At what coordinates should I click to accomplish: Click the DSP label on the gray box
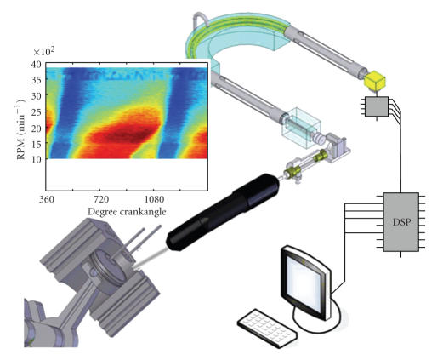point(401,222)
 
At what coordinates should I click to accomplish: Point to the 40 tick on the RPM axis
point(36,64)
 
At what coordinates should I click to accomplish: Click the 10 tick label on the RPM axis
point(36,158)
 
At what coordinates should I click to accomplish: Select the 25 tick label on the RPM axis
point(36,111)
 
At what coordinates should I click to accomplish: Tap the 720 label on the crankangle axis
point(101,199)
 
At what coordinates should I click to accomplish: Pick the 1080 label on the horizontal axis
point(154,199)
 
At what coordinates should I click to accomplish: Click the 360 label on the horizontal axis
point(46,199)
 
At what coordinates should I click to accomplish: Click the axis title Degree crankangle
point(127,212)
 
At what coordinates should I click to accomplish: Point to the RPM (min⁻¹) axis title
point(20,129)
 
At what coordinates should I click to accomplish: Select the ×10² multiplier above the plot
point(44,52)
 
